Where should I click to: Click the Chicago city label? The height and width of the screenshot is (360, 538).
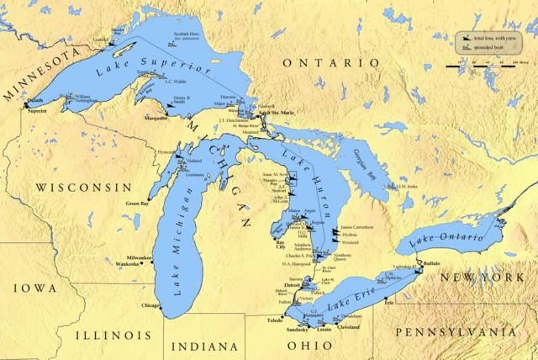150,305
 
